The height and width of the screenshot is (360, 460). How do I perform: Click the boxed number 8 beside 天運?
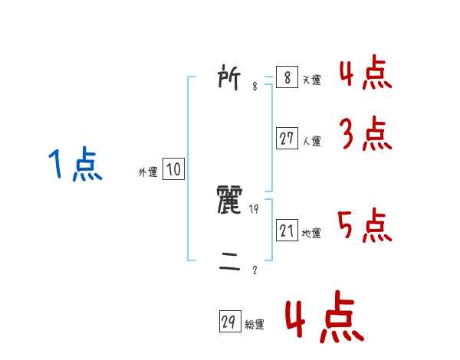click(x=286, y=78)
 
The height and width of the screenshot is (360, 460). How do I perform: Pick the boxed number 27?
click(x=286, y=139)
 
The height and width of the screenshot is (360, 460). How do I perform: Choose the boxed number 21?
click(x=286, y=231)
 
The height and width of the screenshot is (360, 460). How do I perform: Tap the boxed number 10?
click(x=173, y=169)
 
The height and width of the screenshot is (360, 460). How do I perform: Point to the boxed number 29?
click(x=228, y=322)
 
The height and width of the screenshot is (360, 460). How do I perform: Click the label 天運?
click(x=311, y=80)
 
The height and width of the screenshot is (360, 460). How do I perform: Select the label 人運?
click(x=311, y=141)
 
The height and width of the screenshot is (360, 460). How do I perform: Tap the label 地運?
click(x=311, y=233)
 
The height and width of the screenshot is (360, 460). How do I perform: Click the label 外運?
click(x=148, y=172)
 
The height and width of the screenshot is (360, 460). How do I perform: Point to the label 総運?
click(x=255, y=325)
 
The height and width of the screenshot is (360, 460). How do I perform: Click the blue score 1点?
click(x=76, y=165)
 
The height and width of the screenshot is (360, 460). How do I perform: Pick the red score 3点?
click(x=365, y=135)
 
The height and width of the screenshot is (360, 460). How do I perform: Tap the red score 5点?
click(x=365, y=224)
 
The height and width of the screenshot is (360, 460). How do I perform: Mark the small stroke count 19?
click(x=255, y=209)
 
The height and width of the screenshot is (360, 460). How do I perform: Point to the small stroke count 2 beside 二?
click(x=255, y=270)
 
